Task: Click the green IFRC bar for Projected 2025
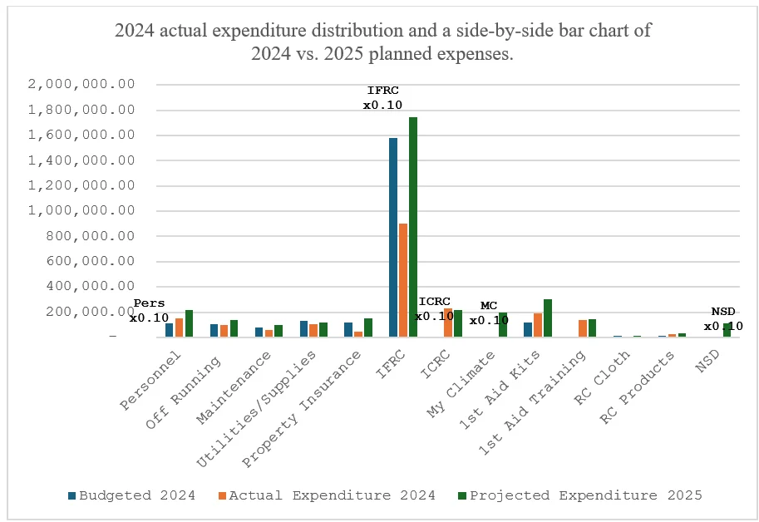point(413,227)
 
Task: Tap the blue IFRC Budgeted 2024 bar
point(393,237)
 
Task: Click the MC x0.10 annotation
point(489,313)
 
